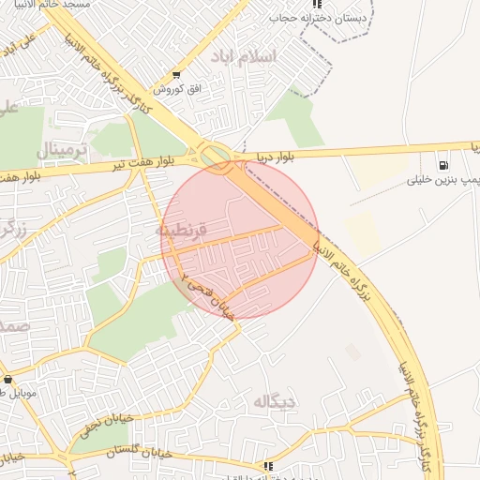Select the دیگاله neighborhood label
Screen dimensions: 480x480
click(274, 400)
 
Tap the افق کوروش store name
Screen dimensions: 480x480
click(173, 88)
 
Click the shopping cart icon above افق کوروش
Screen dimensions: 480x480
click(175, 75)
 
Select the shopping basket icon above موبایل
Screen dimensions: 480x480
click(8, 380)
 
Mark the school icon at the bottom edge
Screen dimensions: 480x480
click(269, 465)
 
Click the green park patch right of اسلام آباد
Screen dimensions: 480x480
click(295, 117)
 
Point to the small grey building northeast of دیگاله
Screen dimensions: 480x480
click(352, 352)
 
